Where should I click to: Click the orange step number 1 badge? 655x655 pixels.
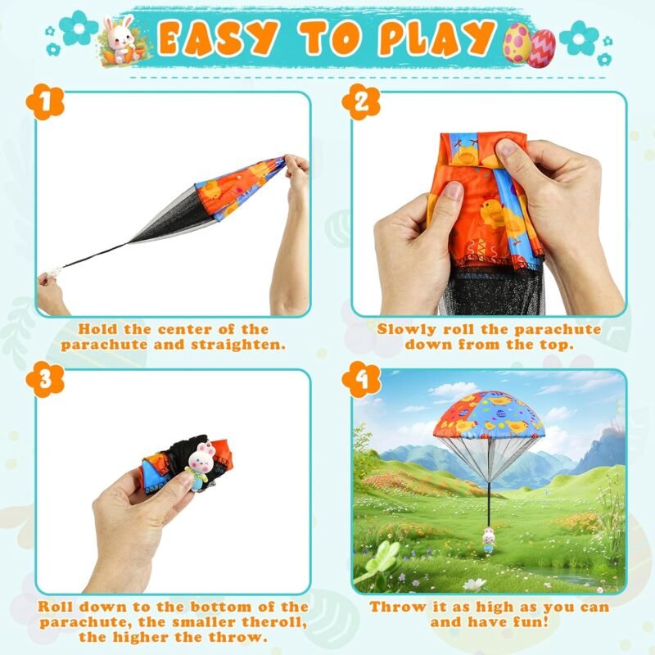pyautogui.click(x=45, y=102)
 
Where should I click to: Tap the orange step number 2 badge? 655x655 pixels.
pyautogui.click(x=361, y=102)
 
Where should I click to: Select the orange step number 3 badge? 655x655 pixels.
pyautogui.click(x=45, y=380)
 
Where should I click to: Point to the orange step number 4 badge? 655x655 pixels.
pyautogui.click(x=361, y=380)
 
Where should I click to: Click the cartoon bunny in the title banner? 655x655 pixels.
pyautogui.click(x=120, y=39)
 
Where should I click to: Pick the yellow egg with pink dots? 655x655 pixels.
pyautogui.click(x=517, y=43)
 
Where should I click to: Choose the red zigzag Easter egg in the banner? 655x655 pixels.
pyautogui.click(x=541, y=48)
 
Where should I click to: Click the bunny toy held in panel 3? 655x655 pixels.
pyautogui.click(x=201, y=464)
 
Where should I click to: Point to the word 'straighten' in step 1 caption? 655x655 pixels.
pyautogui.click(x=238, y=346)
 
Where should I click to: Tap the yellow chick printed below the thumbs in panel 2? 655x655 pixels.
pyautogui.click(x=494, y=214)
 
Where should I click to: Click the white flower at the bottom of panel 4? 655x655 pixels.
pyautogui.click(x=475, y=585)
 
